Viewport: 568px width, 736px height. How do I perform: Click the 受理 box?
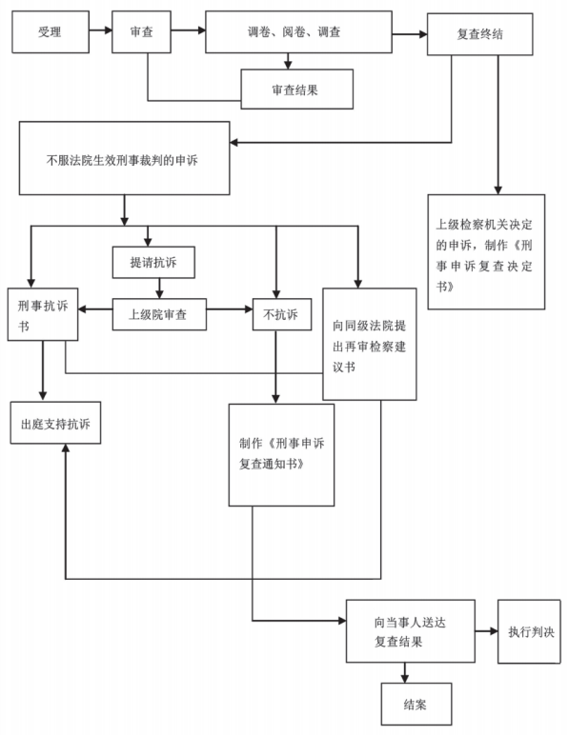(x=51, y=32)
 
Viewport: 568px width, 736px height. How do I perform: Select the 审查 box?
(x=141, y=32)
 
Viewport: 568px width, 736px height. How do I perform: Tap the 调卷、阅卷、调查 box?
(x=298, y=32)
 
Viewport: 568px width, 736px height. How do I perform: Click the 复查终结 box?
(x=479, y=34)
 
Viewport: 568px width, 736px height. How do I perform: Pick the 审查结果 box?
(x=297, y=90)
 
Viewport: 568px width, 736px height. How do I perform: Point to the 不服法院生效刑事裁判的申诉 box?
(x=124, y=158)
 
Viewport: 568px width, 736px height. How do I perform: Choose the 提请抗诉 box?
(x=153, y=263)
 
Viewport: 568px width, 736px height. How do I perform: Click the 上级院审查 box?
(x=159, y=314)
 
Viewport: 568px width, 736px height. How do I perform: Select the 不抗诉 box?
(x=282, y=314)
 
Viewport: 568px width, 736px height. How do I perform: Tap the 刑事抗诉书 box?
(x=43, y=314)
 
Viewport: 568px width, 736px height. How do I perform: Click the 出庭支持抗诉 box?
(x=55, y=423)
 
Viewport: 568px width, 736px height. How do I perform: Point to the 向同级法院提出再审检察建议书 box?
(x=369, y=344)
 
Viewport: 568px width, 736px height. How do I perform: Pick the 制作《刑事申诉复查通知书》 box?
(x=281, y=455)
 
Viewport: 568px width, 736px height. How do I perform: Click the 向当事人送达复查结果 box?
(x=411, y=631)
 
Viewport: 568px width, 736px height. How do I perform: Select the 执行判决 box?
(x=529, y=631)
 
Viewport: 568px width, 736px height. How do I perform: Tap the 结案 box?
(x=416, y=704)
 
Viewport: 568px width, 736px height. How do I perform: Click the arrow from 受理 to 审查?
(x=100, y=30)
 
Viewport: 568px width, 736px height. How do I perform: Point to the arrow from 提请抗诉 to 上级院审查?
(x=159, y=288)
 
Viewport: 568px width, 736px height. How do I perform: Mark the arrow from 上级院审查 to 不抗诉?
(x=230, y=309)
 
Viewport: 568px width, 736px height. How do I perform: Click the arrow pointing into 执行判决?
(x=486, y=631)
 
